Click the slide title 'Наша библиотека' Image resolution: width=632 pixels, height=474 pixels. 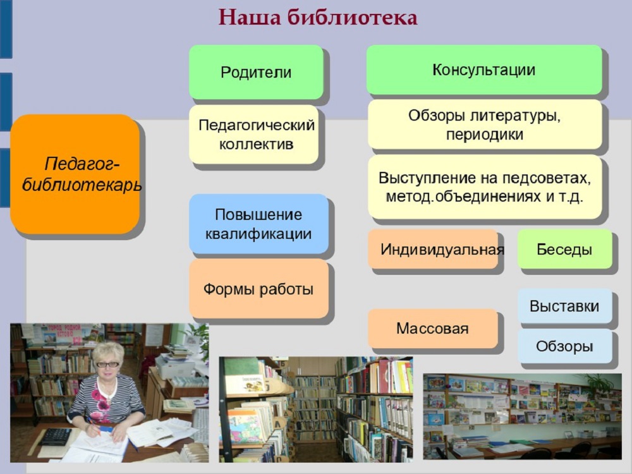point(318,18)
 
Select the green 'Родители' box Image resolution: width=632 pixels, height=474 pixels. point(257,72)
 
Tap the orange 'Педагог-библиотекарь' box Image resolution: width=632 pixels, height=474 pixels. point(75,174)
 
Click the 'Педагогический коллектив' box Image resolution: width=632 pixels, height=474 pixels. point(254,135)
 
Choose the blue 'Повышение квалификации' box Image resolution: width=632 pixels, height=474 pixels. point(258,224)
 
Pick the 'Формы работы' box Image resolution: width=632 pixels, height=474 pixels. point(258,289)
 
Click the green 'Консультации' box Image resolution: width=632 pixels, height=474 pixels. point(484,70)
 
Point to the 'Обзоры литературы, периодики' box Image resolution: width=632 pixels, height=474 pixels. point(485,125)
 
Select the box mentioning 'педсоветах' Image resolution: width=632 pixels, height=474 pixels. point(485,187)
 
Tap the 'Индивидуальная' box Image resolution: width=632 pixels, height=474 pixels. point(434,249)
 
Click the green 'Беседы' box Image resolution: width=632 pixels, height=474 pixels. point(564,249)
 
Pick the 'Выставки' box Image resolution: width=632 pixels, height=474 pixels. point(564,305)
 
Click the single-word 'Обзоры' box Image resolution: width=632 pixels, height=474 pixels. point(564,346)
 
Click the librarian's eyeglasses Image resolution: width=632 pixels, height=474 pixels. point(107,365)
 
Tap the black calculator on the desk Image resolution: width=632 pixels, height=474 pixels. point(56,436)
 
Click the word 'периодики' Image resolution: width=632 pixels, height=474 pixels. point(485,135)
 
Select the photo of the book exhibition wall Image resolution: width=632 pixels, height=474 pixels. point(523,416)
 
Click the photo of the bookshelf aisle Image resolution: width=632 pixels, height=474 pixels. point(316,409)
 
